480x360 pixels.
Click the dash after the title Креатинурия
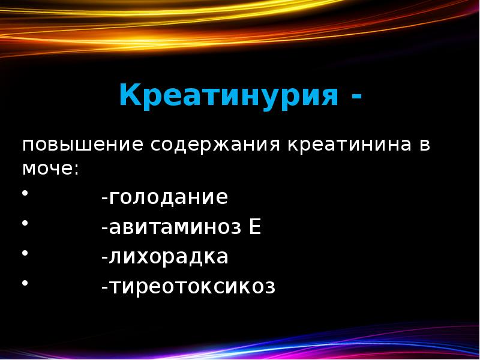pos(356,96)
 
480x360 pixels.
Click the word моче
pos(47,169)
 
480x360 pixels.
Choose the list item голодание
pos(167,198)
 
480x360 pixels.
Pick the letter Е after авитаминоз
pos(255,228)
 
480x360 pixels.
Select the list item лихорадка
pos(167,257)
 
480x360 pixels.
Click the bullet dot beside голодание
pos(25,193)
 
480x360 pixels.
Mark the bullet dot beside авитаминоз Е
pos(25,223)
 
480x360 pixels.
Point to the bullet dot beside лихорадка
pos(25,253)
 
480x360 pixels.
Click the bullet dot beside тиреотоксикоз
pos(25,282)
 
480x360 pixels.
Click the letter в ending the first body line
pos(424,146)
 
